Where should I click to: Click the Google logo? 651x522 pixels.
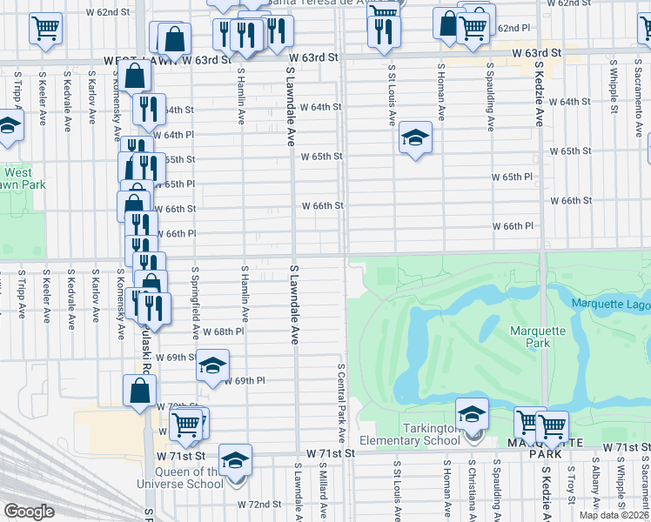coord(28,512)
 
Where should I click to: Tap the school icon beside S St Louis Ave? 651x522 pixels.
coord(415,137)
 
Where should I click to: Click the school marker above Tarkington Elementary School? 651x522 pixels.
coord(472,413)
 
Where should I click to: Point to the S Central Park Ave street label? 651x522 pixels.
coord(342,401)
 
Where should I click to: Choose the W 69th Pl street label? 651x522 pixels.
coord(244,381)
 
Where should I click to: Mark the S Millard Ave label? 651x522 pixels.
coord(321,492)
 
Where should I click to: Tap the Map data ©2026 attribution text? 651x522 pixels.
coord(614,515)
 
